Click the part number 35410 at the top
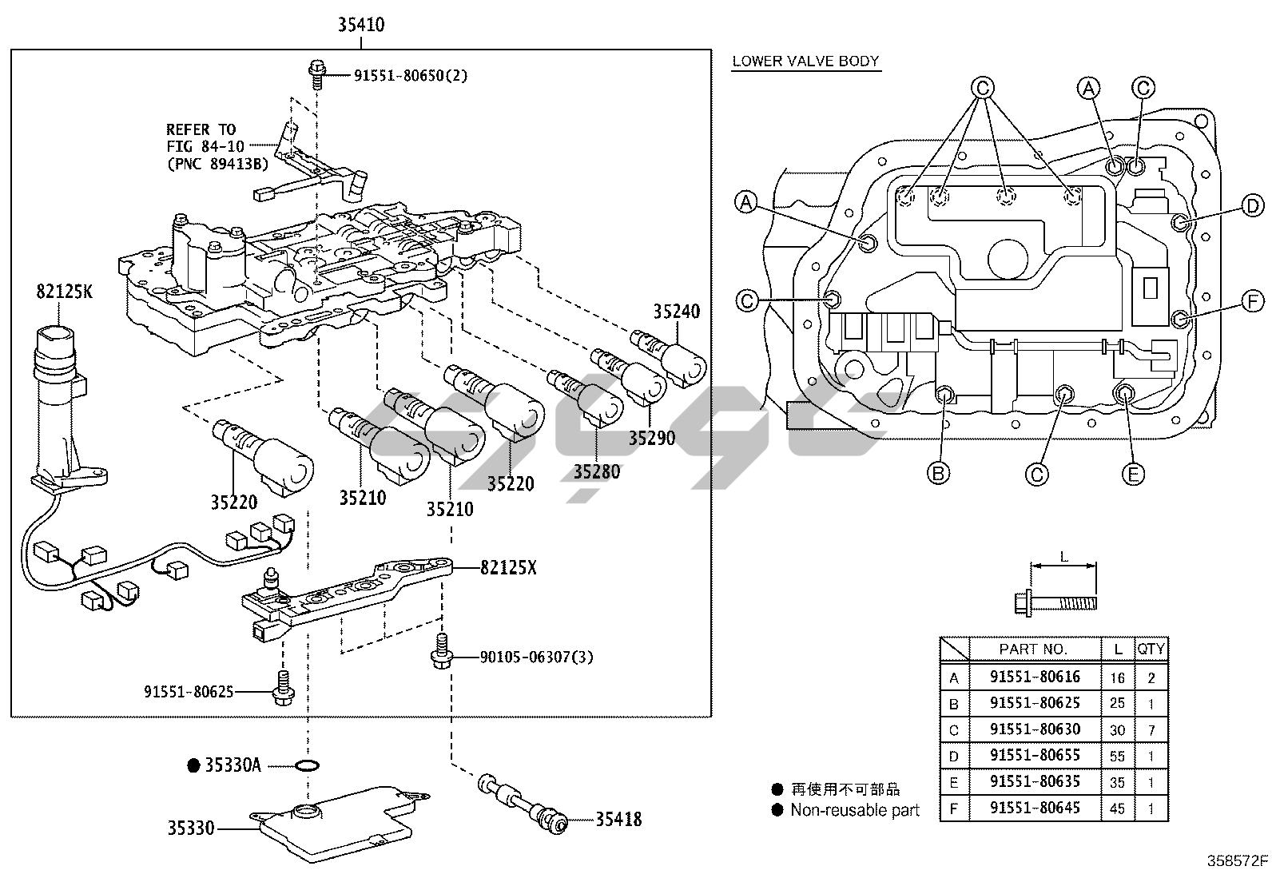360,25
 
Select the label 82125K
64,292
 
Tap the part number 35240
676,312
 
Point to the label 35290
651,438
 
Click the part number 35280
596,471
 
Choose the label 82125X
508,568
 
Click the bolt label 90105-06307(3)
536,657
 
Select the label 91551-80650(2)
411,76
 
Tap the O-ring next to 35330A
307,766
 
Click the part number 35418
618,819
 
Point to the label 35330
191,828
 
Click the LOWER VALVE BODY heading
805,61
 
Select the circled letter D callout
1253,206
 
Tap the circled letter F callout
1253,301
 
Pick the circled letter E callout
1131,475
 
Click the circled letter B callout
938,474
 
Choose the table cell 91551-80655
1035,755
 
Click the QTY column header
1151,649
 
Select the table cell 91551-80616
1035,677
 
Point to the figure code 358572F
1237,860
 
